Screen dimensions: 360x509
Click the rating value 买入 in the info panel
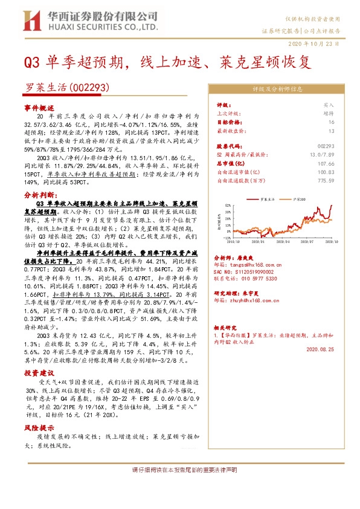(329, 105)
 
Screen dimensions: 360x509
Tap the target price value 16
(331, 122)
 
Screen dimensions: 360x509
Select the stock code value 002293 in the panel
(326, 146)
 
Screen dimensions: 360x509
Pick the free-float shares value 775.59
(326, 180)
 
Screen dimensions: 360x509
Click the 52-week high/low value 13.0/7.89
(322, 155)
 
